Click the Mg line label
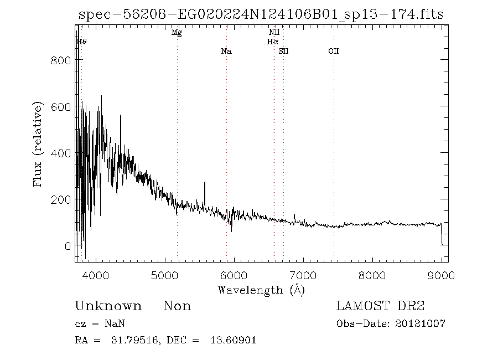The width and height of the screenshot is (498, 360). click(177, 33)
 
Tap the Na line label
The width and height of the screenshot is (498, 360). click(226, 52)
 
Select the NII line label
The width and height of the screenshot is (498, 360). click(274, 33)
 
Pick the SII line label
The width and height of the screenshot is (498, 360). click(283, 52)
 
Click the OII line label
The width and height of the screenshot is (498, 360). click(333, 52)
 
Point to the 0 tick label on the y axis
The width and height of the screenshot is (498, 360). click(68, 245)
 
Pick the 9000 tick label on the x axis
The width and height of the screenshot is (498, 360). click(441, 275)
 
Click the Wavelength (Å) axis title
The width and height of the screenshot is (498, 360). click(261, 290)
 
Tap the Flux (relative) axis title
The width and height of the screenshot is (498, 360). click(38, 144)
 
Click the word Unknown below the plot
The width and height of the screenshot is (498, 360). click(108, 306)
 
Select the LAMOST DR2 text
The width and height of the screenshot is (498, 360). click(380, 306)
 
